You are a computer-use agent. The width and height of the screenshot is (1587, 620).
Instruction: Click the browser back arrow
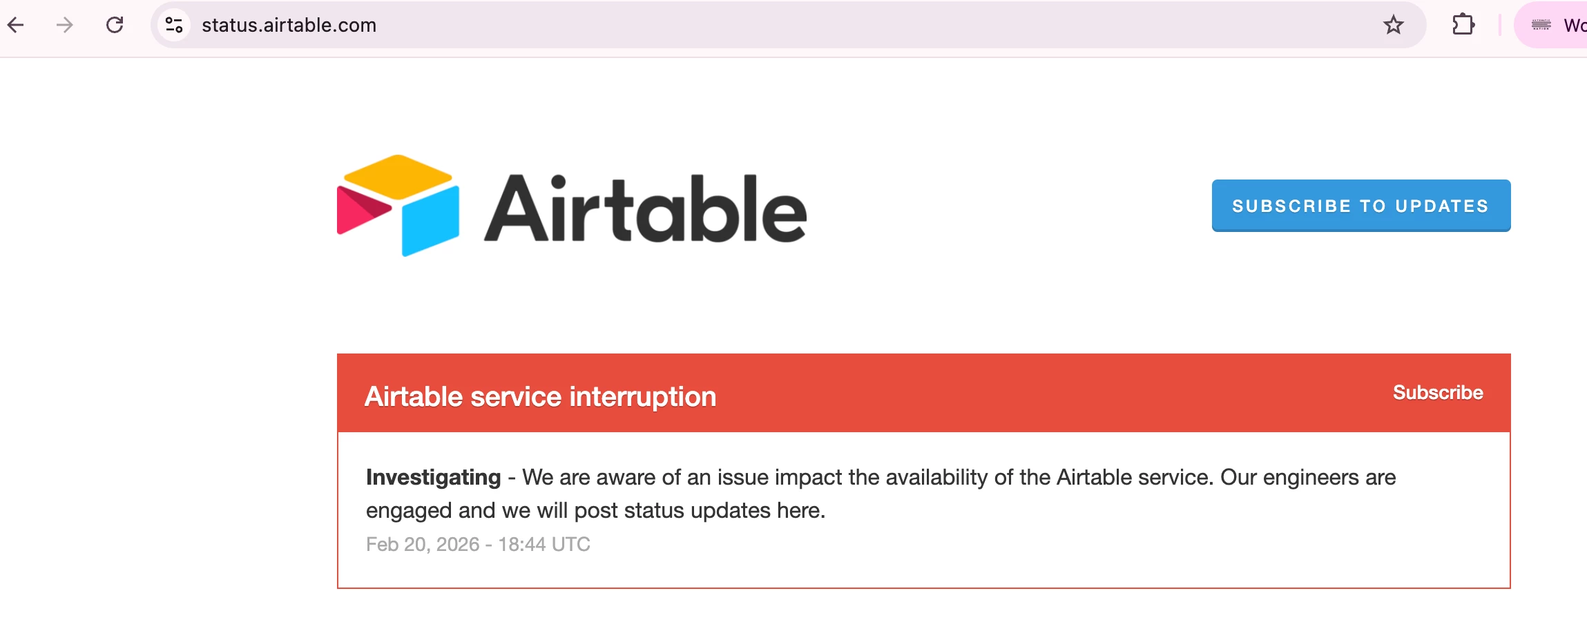point(15,26)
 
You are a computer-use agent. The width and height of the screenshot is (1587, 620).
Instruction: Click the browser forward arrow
point(64,26)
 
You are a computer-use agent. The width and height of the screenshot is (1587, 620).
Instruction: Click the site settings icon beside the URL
point(174,26)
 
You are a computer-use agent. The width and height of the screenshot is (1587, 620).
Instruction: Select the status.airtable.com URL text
point(289,26)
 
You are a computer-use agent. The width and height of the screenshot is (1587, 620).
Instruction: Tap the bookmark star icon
point(1394,26)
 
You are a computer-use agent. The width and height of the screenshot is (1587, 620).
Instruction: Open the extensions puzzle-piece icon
point(1463,26)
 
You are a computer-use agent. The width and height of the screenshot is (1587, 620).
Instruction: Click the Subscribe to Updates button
point(1361,206)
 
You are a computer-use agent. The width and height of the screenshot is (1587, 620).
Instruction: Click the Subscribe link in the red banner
point(1438,392)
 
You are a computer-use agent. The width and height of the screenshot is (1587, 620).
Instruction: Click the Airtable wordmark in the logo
point(645,209)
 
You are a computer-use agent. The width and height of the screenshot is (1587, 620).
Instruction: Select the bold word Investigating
point(434,478)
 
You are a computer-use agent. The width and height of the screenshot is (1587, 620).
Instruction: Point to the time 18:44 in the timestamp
point(522,545)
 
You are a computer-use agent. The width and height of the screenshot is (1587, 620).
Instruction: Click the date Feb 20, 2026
point(423,545)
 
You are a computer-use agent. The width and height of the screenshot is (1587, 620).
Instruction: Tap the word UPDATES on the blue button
point(1442,206)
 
